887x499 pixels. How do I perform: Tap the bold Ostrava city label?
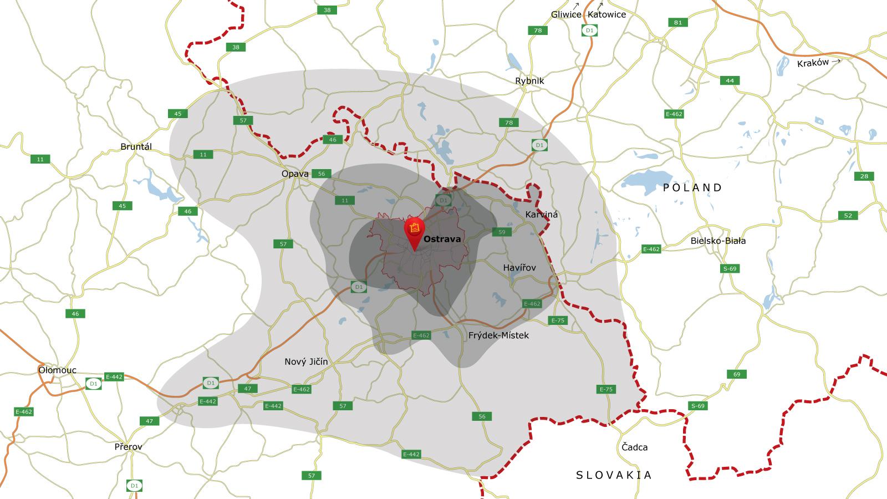tap(442, 240)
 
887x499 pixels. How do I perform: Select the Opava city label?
tap(295, 174)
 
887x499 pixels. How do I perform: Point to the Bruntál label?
tap(136, 147)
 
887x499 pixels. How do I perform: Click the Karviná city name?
tap(541, 214)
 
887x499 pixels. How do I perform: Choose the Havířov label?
tap(519, 268)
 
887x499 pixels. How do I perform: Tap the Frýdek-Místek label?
tap(498, 335)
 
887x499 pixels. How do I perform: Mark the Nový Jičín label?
tap(306, 362)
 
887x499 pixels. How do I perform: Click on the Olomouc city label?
tap(57, 370)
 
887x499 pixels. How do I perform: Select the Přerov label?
tap(128, 447)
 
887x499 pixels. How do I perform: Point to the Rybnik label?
tap(529, 81)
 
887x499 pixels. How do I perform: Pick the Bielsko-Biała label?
tap(718, 241)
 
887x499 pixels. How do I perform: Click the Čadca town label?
tap(634, 447)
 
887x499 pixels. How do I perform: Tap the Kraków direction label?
tap(813, 63)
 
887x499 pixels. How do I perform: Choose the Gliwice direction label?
tap(565, 15)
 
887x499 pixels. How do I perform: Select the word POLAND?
tap(692, 188)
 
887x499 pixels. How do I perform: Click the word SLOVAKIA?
tap(614, 475)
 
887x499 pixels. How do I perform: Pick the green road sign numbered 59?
tap(502, 232)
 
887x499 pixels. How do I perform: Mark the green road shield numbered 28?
tap(864, 176)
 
